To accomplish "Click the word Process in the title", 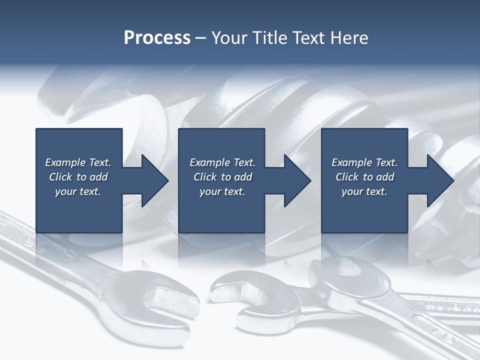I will click(157, 38).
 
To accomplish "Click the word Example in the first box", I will click(65, 162).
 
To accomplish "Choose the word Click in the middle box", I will click(204, 177).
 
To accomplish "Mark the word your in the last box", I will click(352, 191).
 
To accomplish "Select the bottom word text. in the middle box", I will click(234, 191).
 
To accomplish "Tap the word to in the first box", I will click(81, 177).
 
